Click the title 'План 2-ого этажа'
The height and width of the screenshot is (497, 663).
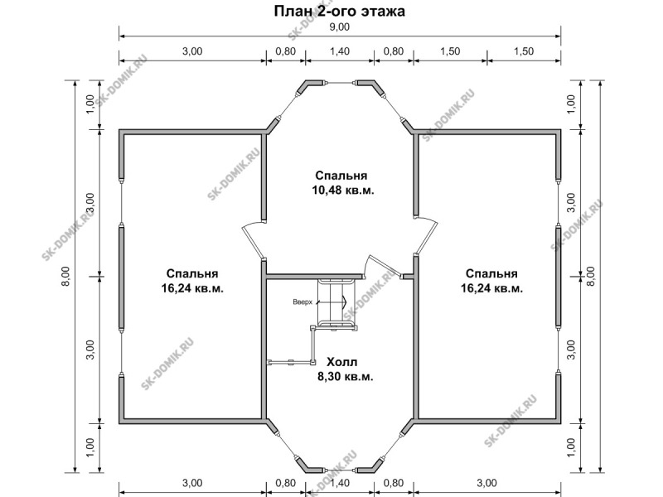(340, 11)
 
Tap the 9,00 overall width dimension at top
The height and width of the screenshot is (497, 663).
(340, 27)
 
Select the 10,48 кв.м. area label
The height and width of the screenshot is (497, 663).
(343, 191)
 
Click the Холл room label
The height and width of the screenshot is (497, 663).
(342, 362)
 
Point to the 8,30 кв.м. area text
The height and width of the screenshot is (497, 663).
(346, 377)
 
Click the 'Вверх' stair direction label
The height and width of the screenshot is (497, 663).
(302, 302)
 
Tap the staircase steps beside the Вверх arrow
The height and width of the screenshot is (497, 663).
(337, 303)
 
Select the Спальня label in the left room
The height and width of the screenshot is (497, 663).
(192, 273)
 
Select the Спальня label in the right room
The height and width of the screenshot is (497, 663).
(491, 273)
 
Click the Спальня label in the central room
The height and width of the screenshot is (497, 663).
(341, 176)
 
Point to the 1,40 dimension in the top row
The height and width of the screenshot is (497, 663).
(340, 51)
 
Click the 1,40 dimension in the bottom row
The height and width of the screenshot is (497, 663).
(340, 483)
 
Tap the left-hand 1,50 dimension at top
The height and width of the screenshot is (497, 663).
(450, 51)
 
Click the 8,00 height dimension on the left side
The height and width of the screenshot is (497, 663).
(66, 277)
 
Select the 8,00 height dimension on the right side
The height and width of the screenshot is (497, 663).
(591, 277)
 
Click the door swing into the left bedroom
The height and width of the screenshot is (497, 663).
(253, 241)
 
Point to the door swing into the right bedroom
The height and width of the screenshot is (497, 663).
(426, 237)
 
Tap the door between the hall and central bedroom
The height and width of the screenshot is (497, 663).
(383, 266)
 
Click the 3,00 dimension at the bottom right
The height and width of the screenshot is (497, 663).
(487, 483)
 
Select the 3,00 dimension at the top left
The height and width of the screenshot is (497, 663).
(192, 51)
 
